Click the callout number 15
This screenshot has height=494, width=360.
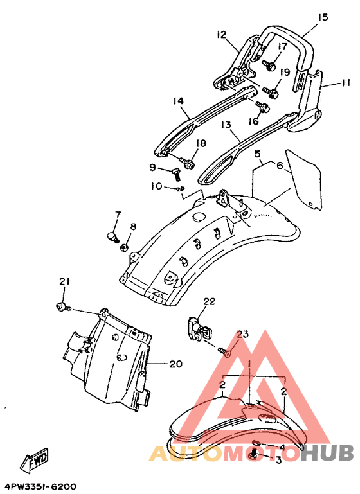(x=323, y=17)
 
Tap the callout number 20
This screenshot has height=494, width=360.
(x=175, y=364)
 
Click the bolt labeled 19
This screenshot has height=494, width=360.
(x=271, y=92)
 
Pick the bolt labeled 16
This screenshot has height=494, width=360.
(x=262, y=107)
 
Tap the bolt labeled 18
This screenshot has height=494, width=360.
(x=187, y=163)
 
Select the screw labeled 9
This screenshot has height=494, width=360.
(x=175, y=173)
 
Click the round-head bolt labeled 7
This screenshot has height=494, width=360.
(x=113, y=236)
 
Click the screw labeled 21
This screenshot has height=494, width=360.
(x=63, y=307)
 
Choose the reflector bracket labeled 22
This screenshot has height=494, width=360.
(x=199, y=329)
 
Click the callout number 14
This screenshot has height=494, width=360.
(x=178, y=101)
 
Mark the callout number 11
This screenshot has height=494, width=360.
(x=345, y=83)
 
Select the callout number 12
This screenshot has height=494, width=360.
(x=222, y=34)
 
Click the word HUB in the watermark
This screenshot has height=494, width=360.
(x=327, y=452)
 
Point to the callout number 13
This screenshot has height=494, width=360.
(x=226, y=125)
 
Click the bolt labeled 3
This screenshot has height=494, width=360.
(x=254, y=454)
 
